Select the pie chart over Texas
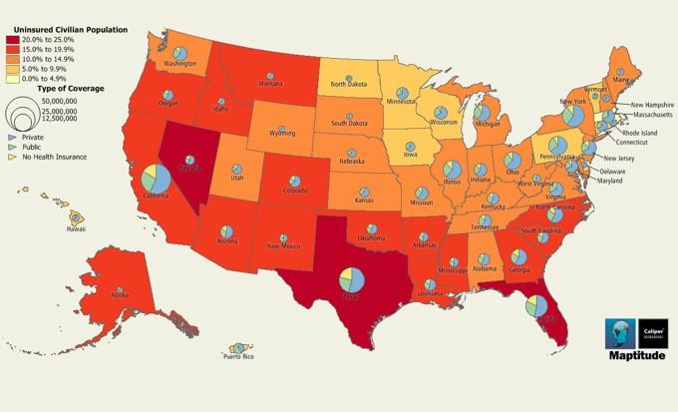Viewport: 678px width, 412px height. pos(351,279)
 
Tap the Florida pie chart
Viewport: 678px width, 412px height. pos(535,305)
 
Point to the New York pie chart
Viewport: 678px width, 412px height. pos(572,115)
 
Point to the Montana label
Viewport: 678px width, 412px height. pos(271,83)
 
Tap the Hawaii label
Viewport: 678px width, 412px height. pos(76,227)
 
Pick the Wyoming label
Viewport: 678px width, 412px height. pos(282,133)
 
